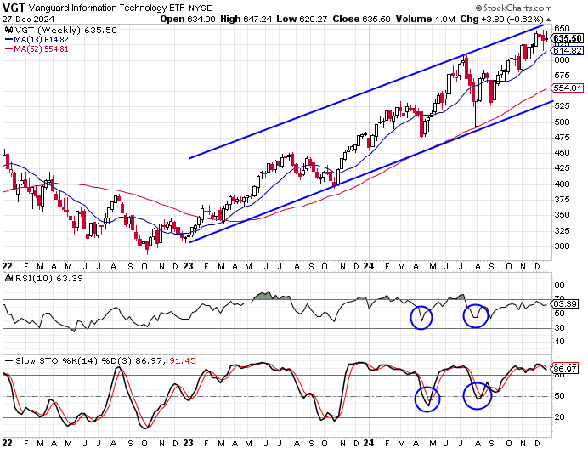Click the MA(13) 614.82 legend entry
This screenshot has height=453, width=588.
(41, 39)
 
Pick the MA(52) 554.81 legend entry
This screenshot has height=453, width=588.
(41, 48)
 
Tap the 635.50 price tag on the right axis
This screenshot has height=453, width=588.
(567, 38)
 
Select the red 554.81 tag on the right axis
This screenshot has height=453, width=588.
(567, 88)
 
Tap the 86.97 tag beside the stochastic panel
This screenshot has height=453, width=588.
(566, 369)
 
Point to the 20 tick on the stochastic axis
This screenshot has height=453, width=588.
(561, 416)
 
